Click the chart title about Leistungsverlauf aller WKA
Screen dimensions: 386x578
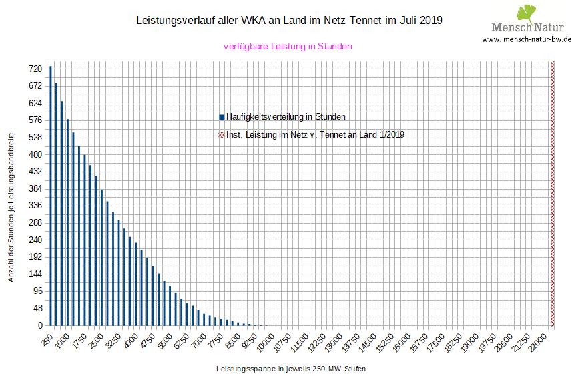point(289,21)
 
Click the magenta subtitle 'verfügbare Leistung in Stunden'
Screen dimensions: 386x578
point(288,47)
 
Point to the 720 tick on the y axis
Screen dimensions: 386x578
point(35,69)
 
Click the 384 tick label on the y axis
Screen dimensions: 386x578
point(35,189)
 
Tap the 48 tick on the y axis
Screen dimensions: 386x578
point(37,309)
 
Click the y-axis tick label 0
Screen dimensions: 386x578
point(39,326)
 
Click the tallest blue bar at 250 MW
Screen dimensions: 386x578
point(51,196)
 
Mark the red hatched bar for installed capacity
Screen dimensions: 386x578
point(552,194)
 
